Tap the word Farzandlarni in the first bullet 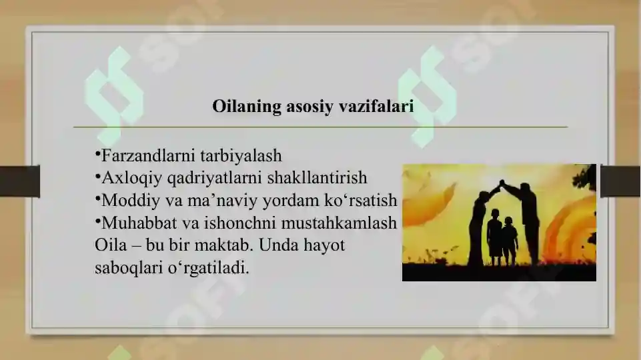[147, 156]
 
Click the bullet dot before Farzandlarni [97, 155]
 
